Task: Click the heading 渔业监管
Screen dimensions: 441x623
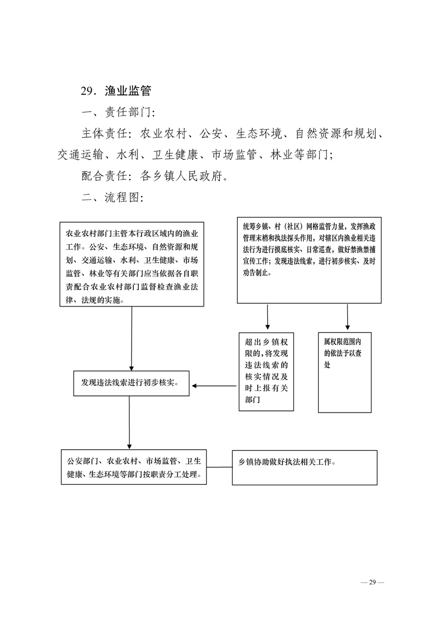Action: click(x=128, y=91)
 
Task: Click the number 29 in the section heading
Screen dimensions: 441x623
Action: click(x=87, y=92)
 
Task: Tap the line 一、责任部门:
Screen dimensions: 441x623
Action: click(x=118, y=113)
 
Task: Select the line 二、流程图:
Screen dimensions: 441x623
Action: click(x=112, y=198)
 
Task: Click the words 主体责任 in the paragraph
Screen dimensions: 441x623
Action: click(x=104, y=133)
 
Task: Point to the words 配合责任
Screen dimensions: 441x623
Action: click(x=104, y=176)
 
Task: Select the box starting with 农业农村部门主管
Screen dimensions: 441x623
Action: click(x=132, y=264)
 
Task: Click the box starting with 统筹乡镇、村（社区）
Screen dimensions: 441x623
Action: click(x=309, y=260)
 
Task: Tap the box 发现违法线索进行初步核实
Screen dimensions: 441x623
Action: click(x=132, y=384)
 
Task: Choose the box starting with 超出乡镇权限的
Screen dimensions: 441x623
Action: click(x=266, y=372)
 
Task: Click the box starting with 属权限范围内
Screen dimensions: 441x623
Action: click(x=345, y=372)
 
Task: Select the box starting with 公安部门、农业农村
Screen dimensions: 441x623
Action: click(x=134, y=468)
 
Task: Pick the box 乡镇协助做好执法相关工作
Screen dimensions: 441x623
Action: click(x=305, y=468)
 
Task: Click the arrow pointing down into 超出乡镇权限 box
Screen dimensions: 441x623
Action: click(x=267, y=317)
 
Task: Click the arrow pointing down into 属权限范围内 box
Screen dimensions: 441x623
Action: click(x=348, y=317)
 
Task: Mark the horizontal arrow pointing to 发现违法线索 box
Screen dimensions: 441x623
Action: click(x=214, y=386)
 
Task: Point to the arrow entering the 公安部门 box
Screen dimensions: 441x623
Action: click(x=129, y=423)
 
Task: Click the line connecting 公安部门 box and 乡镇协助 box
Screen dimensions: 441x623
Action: click(x=219, y=468)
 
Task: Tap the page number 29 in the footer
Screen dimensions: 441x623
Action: click(x=372, y=582)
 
